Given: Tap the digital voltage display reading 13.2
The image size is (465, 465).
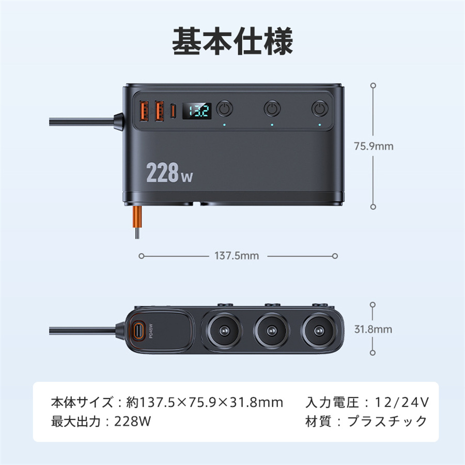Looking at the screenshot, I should (x=198, y=110).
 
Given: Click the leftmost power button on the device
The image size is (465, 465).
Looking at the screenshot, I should (x=224, y=109).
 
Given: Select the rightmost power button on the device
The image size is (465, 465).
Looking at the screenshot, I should (x=320, y=109).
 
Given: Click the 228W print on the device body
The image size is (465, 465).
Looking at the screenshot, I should (x=169, y=174).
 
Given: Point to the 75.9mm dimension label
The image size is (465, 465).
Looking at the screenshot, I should (x=374, y=146).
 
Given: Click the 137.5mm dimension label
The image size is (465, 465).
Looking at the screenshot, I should (x=237, y=256).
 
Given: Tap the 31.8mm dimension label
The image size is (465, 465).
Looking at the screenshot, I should (x=374, y=329).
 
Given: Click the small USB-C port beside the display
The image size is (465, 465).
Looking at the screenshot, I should (x=174, y=110).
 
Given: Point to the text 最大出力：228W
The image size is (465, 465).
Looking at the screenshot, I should (x=101, y=421).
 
